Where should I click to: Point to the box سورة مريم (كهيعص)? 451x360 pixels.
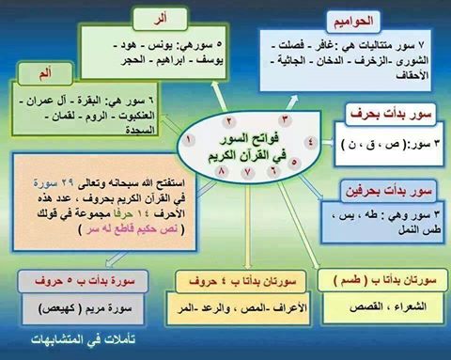(65, 307)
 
